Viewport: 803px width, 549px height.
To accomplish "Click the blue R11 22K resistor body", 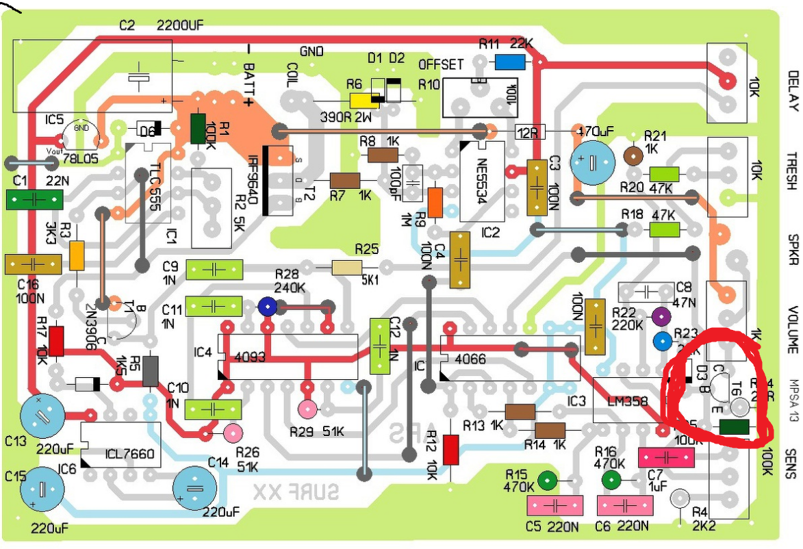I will tap(510, 62).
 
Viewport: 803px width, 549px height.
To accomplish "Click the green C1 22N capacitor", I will tap(34, 199).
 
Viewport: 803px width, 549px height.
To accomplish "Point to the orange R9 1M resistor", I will tap(435, 202).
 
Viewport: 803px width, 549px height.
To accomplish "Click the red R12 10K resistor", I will tap(450, 449).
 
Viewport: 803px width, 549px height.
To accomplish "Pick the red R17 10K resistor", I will tap(56, 341).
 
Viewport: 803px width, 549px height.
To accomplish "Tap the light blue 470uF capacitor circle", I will tap(594, 163).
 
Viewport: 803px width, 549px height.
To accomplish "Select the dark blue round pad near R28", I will tap(267, 308).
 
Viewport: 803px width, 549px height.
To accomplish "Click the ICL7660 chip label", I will tap(129, 452).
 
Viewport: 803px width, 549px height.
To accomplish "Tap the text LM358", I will tap(624, 402).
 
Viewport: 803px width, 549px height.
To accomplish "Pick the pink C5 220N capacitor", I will tap(555, 506).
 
